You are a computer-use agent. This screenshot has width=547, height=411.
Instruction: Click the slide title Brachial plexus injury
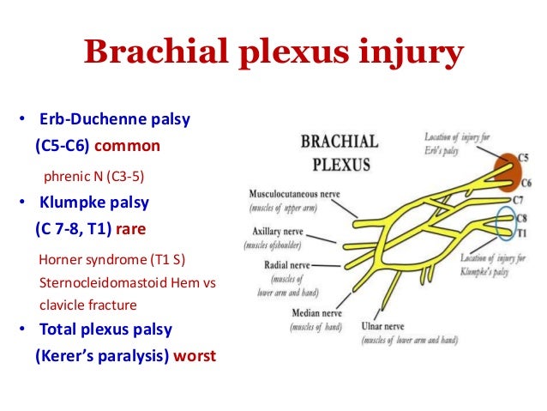click(x=273, y=52)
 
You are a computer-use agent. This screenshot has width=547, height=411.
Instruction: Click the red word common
click(x=133, y=146)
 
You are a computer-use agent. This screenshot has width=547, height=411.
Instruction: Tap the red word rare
click(x=129, y=230)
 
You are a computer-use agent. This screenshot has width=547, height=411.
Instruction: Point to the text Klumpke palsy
click(x=94, y=203)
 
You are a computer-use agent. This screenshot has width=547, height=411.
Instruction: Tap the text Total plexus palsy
click(x=105, y=329)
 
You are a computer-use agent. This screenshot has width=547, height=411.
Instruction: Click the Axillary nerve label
click(x=276, y=231)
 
